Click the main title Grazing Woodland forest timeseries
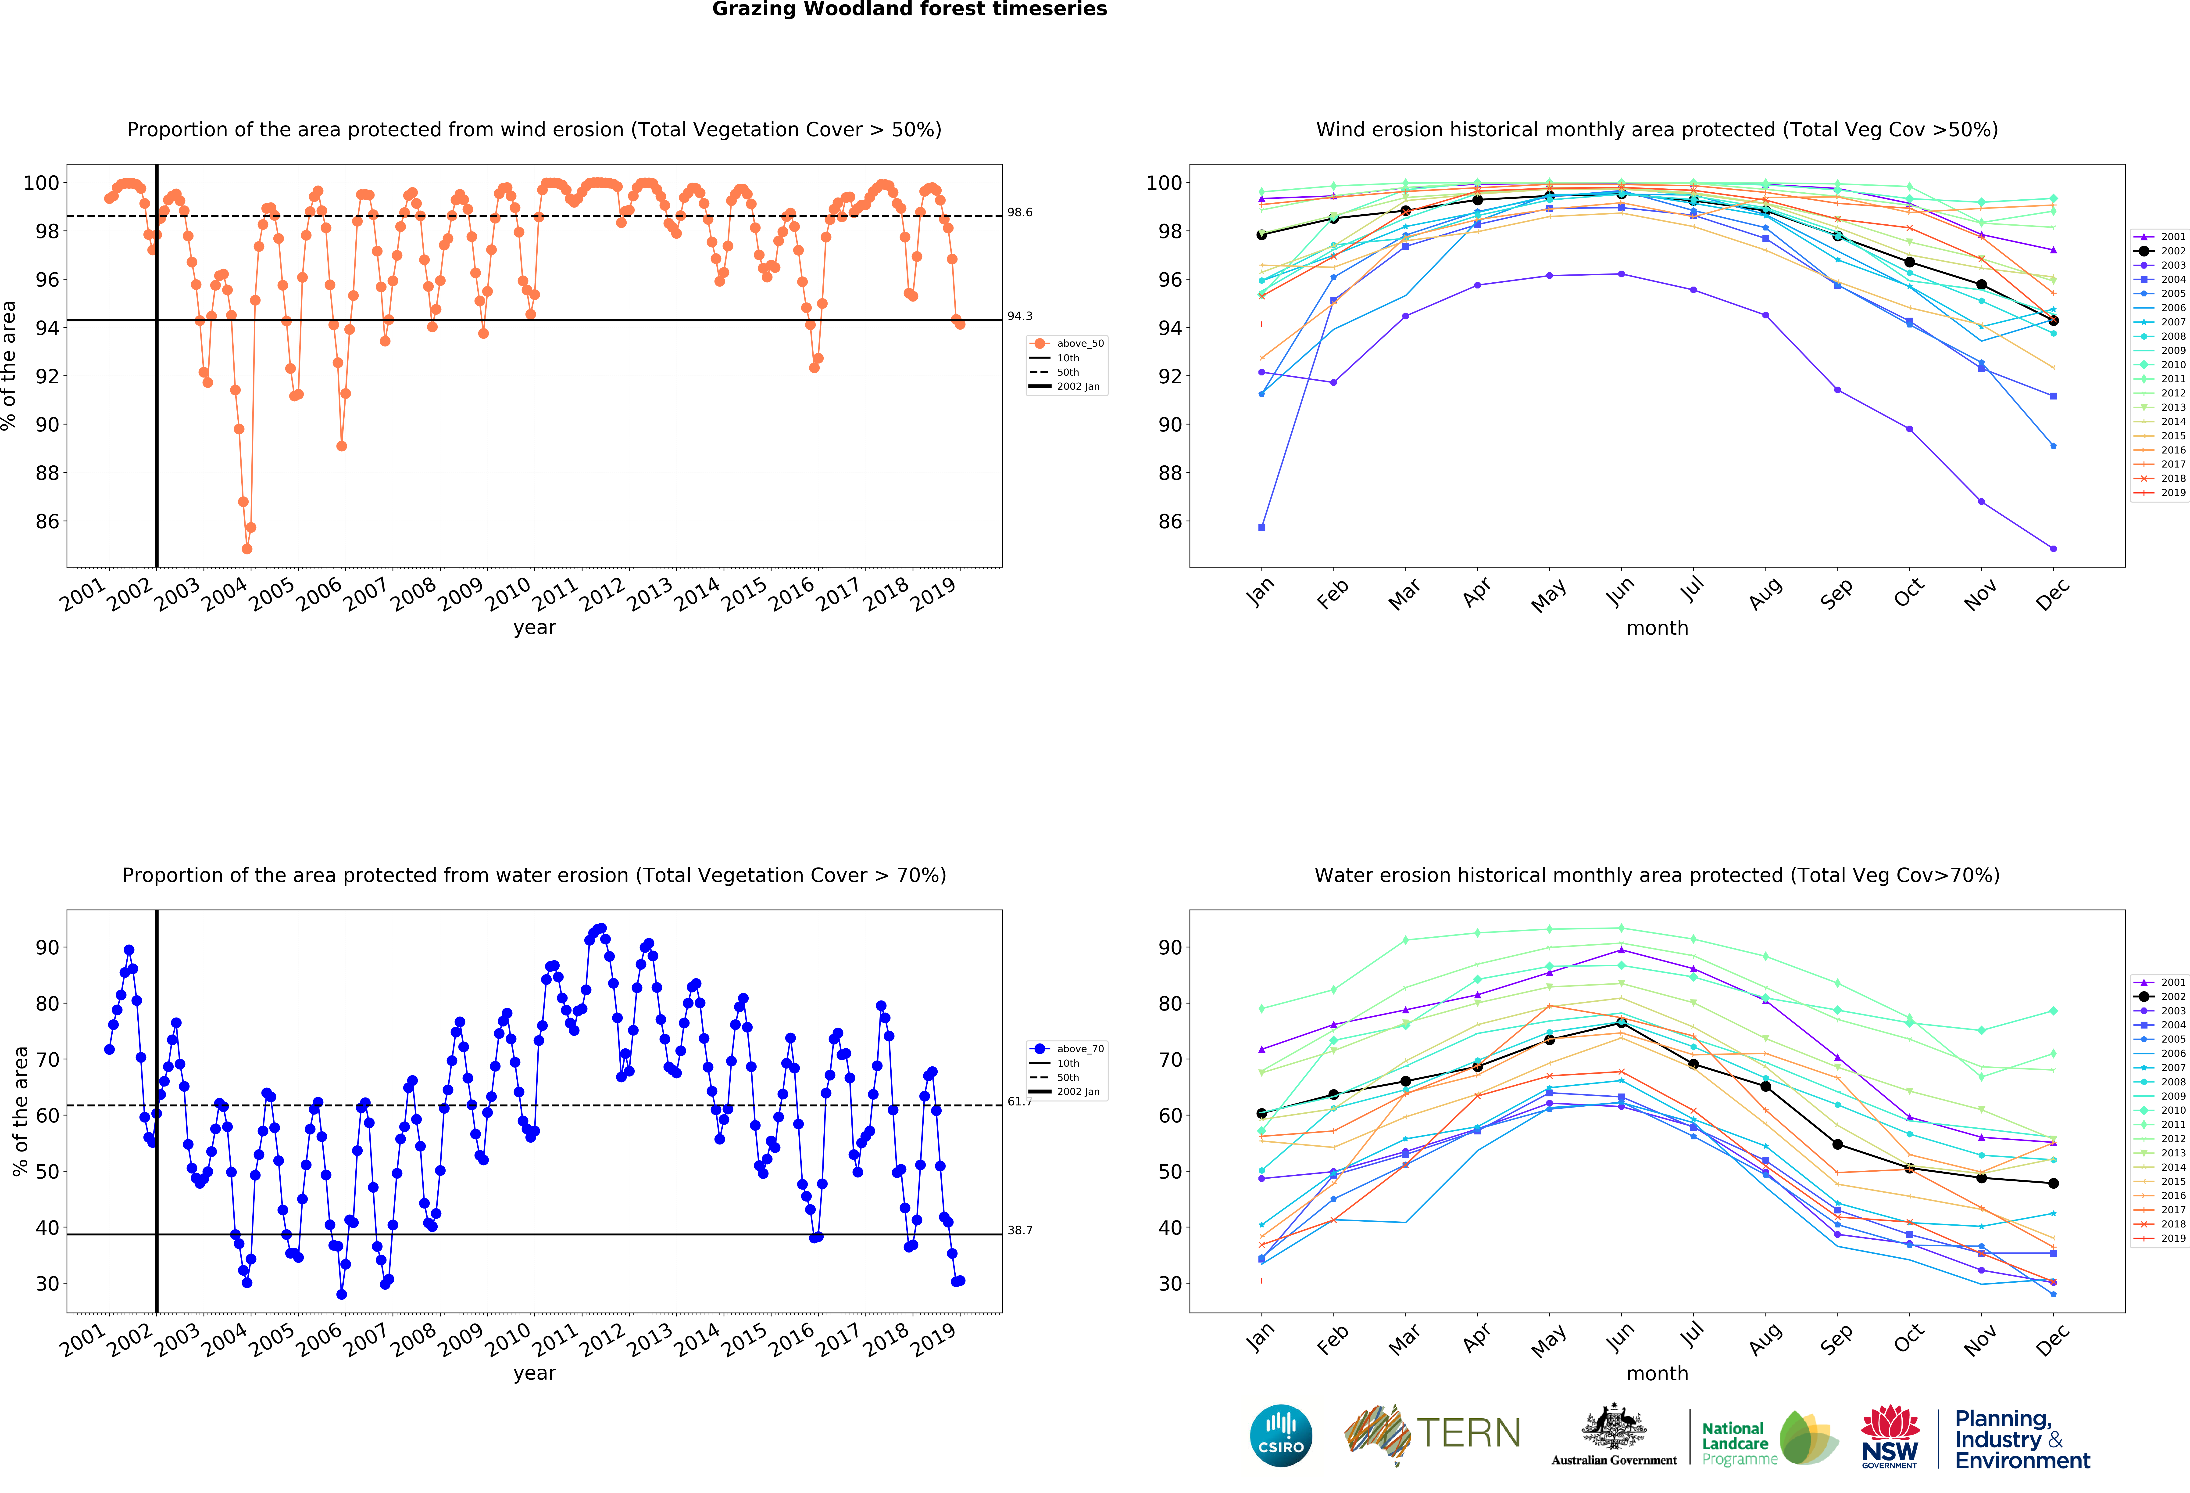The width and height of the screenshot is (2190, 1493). click(x=909, y=9)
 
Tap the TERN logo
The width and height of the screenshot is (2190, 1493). click(x=1432, y=1434)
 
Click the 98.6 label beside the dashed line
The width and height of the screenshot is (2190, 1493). click(x=1020, y=212)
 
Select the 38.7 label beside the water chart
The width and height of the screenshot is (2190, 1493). click(x=1020, y=1230)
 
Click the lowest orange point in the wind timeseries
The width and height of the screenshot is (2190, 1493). click(x=247, y=549)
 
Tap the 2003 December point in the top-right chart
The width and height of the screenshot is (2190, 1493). click(x=2053, y=549)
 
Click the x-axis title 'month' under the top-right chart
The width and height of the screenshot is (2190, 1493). click(x=1657, y=628)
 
